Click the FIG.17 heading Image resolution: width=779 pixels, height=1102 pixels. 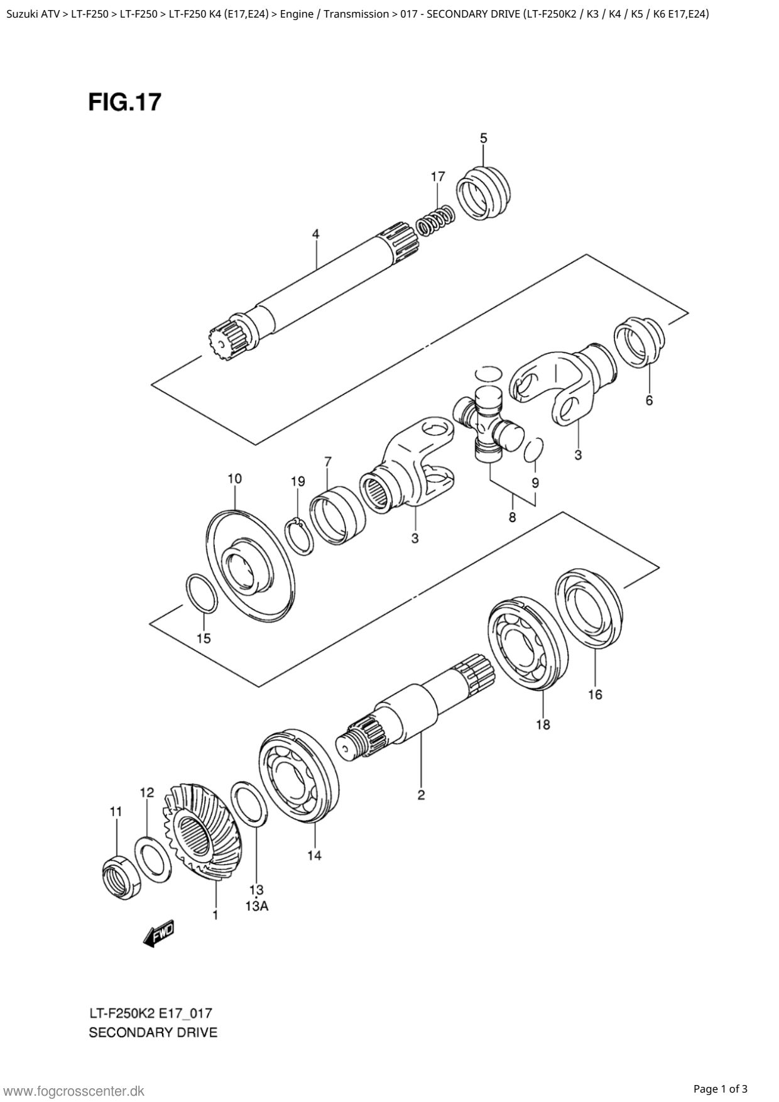[x=124, y=102]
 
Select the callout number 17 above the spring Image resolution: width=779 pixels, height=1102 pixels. [x=438, y=177]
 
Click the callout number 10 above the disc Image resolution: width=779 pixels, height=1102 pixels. [x=234, y=479]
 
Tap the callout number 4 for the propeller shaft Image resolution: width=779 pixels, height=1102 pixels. [x=316, y=234]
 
